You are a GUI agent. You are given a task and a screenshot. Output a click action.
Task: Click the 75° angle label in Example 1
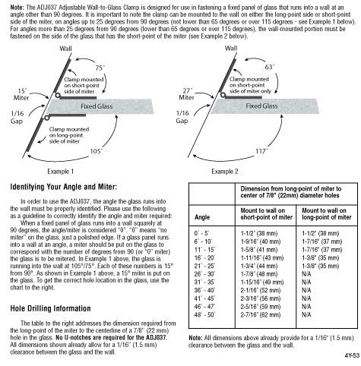100,68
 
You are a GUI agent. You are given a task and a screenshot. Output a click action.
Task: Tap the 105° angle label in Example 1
97,151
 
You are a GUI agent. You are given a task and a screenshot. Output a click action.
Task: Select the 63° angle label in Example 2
270,67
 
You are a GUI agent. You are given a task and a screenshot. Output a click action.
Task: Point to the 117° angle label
261,151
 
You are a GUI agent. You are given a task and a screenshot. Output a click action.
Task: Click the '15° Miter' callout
21,94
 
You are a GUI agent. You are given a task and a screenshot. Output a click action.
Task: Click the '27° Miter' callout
187,94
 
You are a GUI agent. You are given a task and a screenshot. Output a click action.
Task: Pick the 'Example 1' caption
60,172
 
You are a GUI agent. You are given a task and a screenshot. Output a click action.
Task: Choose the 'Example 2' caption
225,172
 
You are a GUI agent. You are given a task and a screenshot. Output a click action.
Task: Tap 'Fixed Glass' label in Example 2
261,106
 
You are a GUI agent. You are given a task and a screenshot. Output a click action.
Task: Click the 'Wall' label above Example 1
65,49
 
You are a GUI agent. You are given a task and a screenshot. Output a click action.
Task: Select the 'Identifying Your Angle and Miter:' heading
64,187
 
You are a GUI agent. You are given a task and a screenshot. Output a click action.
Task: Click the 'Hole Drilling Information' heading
50,308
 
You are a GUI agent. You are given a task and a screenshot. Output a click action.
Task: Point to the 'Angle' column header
202,217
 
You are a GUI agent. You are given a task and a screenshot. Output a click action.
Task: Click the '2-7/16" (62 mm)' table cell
261,314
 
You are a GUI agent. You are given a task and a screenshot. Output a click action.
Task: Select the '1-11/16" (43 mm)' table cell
262,257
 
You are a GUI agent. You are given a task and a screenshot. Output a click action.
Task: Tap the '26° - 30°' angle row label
204,274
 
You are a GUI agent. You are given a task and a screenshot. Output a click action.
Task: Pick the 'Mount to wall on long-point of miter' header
327,214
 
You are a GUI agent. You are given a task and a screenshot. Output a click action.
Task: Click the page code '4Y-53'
352,355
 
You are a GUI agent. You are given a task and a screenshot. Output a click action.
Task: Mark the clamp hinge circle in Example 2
223,95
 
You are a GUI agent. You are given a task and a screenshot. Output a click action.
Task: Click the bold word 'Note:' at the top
17,8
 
